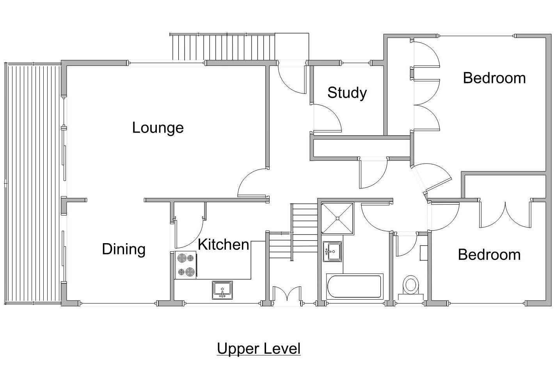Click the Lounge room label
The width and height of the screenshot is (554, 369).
point(158,128)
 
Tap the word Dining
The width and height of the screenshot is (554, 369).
point(124,249)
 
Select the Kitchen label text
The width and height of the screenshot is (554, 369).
point(223,245)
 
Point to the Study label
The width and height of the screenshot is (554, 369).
point(347,93)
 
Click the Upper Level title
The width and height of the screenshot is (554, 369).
point(259,348)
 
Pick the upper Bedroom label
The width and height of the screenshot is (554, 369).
point(494,78)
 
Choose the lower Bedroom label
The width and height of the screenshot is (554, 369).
point(489,255)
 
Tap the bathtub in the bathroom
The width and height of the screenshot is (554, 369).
point(355,286)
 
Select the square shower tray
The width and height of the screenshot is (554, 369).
point(337,218)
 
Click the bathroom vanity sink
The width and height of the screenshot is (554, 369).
point(332,251)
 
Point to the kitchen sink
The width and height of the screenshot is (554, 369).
point(222,290)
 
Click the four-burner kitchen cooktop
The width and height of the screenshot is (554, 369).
point(185,265)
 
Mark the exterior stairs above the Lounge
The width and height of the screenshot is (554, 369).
point(223,47)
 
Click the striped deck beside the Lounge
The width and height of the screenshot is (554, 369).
point(33,183)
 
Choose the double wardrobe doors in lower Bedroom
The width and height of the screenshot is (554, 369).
point(505,215)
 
